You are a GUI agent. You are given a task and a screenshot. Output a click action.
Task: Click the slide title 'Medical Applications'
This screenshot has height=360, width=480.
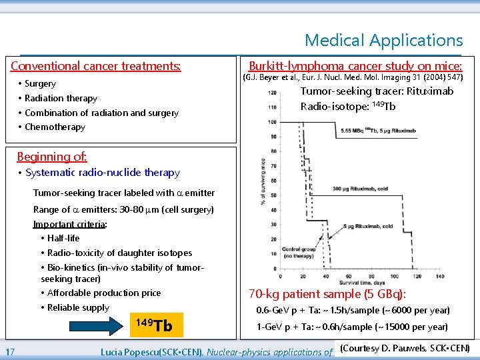click(383, 40)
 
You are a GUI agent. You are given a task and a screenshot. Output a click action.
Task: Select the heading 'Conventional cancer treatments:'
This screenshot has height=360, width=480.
click(95, 66)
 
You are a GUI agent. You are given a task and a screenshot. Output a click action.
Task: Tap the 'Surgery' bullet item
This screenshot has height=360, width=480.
click(40, 84)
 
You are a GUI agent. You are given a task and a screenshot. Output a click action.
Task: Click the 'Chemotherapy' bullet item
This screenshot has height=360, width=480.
click(55, 127)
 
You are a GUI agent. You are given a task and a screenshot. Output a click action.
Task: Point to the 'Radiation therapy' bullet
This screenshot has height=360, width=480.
click(61, 99)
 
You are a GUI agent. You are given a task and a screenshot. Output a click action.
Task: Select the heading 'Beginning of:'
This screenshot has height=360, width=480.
click(52, 157)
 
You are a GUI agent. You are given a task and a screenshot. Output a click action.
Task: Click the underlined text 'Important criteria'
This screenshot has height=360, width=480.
click(69, 224)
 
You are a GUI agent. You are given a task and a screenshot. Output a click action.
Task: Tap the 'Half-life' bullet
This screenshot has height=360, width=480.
click(63, 239)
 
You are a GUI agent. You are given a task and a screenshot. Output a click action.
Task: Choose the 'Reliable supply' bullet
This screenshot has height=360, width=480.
click(78, 308)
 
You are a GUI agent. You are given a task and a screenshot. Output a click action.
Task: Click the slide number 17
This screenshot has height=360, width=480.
click(11, 352)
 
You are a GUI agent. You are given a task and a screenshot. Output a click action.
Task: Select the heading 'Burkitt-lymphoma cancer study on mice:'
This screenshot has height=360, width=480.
click(355, 66)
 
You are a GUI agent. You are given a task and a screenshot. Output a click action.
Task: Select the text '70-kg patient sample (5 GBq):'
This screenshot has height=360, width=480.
click(327, 294)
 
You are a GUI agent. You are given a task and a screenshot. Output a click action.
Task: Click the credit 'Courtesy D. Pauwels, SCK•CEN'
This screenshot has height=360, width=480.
click(405, 349)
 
